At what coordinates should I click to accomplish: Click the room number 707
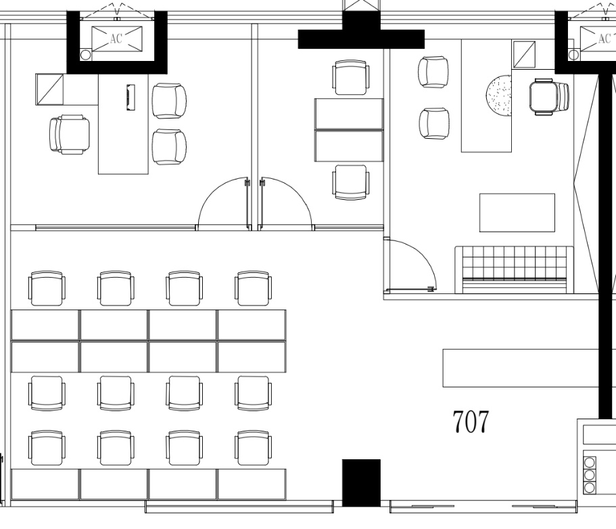(x=471, y=421)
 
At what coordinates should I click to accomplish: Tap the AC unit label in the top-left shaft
(x=116, y=39)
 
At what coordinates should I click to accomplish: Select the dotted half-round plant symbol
(x=499, y=95)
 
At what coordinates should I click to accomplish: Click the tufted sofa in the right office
(x=515, y=270)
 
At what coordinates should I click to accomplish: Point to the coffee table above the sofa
(x=517, y=213)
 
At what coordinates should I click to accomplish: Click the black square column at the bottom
(x=362, y=482)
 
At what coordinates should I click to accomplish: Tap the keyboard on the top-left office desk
(x=131, y=98)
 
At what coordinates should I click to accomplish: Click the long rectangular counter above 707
(x=521, y=368)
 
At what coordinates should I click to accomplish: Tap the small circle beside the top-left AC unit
(x=86, y=55)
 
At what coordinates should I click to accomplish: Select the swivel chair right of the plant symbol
(x=549, y=97)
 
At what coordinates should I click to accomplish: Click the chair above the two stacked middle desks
(x=351, y=77)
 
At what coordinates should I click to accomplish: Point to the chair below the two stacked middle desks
(x=351, y=182)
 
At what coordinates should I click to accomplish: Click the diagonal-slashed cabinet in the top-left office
(x=50, y=89)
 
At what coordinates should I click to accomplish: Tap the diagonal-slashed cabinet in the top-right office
(x=523, y=54)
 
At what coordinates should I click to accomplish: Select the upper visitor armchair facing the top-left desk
(x=169, y=101)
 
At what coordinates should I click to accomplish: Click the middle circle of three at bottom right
(x=589, y=475)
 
